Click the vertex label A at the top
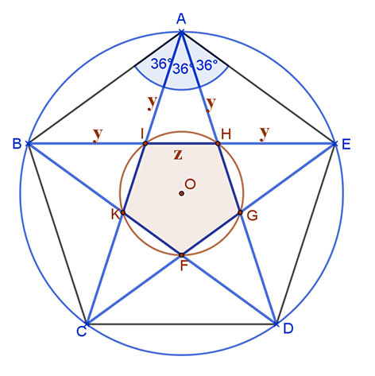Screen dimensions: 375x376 click(181, 19)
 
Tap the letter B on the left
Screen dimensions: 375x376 click(17, 144)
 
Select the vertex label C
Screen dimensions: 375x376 click(82, 331)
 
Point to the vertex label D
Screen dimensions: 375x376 click(288, 328)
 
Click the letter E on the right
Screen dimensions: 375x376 click(346, 145)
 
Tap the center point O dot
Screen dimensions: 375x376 click(181, 193)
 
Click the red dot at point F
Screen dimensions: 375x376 click(181, 255)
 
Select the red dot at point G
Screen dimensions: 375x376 click(240, 212)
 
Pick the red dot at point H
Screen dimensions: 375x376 click(218, 144)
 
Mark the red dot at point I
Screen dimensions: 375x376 click(145, 144)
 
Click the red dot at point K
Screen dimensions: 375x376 click(123, 212)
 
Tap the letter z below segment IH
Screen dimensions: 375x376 click(178, 155)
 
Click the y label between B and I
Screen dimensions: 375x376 click(98, 134)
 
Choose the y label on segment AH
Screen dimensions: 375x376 click(211, 103)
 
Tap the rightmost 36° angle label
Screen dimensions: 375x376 click(207, 65)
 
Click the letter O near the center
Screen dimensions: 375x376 click(191, 184)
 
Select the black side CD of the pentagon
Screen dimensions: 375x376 click(181, 324)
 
